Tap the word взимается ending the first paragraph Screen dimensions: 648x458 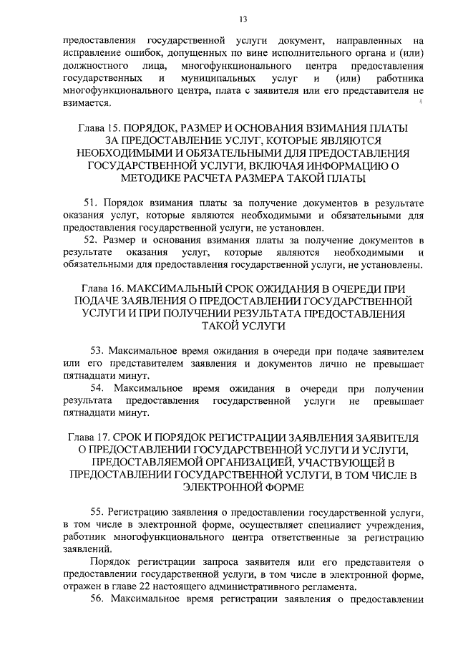(x=85, y=103)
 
